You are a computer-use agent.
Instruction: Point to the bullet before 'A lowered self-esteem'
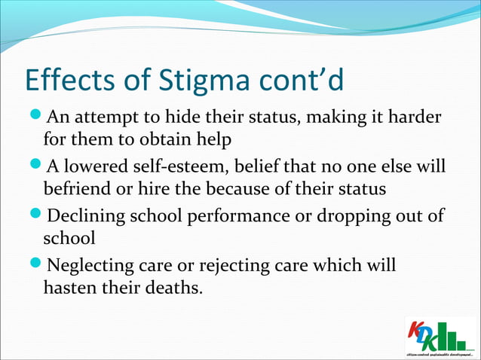(35, 166)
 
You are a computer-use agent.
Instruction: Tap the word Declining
(84, 217)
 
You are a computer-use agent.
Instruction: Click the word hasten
(70, 288)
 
